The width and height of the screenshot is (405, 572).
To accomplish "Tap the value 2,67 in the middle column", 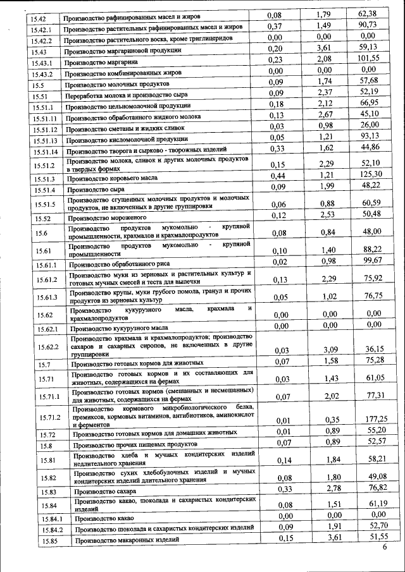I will pyautogui.click(x=326, y=114).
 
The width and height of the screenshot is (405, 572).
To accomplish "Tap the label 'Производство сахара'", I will pyautogui.click(x=104, y=490).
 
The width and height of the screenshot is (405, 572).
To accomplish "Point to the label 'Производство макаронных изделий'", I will pyautogui.click(x=123, y=540).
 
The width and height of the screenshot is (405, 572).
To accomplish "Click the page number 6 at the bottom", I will pyautogui.click(x=384, y=547).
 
